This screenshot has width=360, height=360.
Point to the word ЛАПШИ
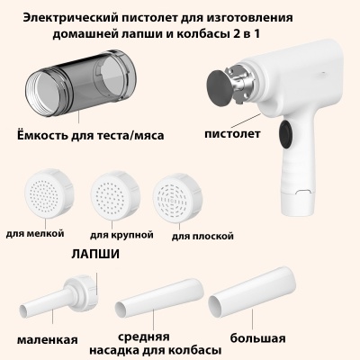pos(96,255)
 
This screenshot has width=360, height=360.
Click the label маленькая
pos(47,339)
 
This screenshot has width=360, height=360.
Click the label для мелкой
pos(34,232)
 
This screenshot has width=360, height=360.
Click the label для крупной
pos(122,234)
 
